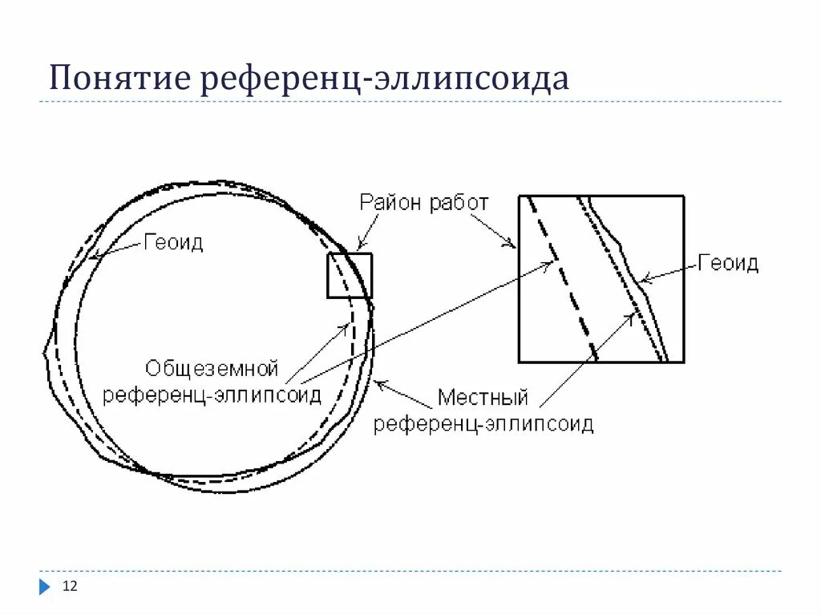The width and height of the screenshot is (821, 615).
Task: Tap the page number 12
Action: pyautogui.click(x=70, y=588)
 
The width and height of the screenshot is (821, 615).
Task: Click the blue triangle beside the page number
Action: pyautogui.click(x=44, y=588)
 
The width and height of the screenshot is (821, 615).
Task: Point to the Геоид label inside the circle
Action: pyautogui.click(x=173, y=242)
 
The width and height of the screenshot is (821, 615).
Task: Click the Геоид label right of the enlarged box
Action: pyautogui.click(x=727, y=263)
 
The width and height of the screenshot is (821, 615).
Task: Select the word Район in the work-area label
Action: pyautogui.click(x=390, y=202)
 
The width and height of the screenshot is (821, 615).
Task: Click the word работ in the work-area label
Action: pyautogui.click(x=458, y=202)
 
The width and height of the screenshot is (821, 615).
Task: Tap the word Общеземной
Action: pyautogui.click(x=212, y=369)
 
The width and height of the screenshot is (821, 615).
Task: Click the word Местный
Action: pyautogui.click(x=483, y=398)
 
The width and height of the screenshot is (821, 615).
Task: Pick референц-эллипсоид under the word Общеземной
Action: pyautogui.click(x=212, y=394)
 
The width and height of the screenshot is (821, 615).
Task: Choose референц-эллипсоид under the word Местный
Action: pyautogui.click(x=483, y=423)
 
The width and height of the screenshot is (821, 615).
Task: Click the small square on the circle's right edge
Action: pyautogui.click(x=350, y=276)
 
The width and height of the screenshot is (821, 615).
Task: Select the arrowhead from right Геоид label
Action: pyautogui.click(x=644, y=280)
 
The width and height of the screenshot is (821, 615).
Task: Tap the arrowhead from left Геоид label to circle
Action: pyautogui.click(x=95, y=257)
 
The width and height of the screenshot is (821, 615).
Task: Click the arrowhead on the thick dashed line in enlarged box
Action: pyautogui.click(x=550, y=265)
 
